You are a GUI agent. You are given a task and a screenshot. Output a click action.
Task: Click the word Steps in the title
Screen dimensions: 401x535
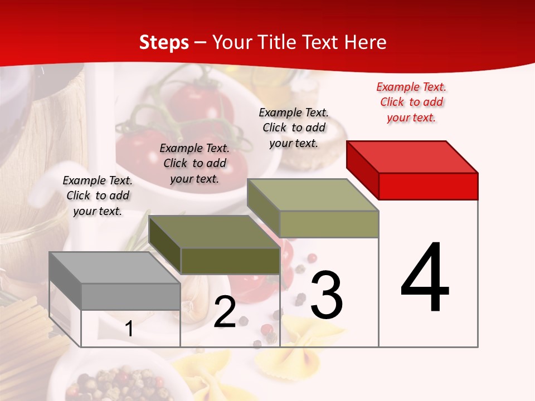coord(163,42)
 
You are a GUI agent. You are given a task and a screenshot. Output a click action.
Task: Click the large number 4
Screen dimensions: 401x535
coord(425,278)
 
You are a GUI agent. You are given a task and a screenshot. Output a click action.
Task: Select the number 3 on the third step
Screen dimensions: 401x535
coord(326,295)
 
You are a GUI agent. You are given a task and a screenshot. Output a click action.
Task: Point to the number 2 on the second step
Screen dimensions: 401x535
coord(225,312)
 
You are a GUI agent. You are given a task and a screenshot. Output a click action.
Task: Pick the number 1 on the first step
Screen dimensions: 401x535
coord(129,329)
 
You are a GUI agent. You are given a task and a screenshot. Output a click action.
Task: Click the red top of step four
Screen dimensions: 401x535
coord(412,157)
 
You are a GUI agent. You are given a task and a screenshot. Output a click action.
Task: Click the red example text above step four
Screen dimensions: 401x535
coord(411,102)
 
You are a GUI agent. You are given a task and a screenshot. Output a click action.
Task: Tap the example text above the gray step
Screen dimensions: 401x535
coord(98,195)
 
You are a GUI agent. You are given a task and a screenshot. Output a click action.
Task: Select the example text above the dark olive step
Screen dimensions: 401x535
coord(194,163)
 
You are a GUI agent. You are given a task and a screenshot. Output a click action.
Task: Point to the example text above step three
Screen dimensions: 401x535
coord(294,128)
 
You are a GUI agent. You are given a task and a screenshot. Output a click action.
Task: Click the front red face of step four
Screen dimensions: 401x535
coord(428,186)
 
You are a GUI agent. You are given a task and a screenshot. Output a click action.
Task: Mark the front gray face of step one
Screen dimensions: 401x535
coord(130,296)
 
